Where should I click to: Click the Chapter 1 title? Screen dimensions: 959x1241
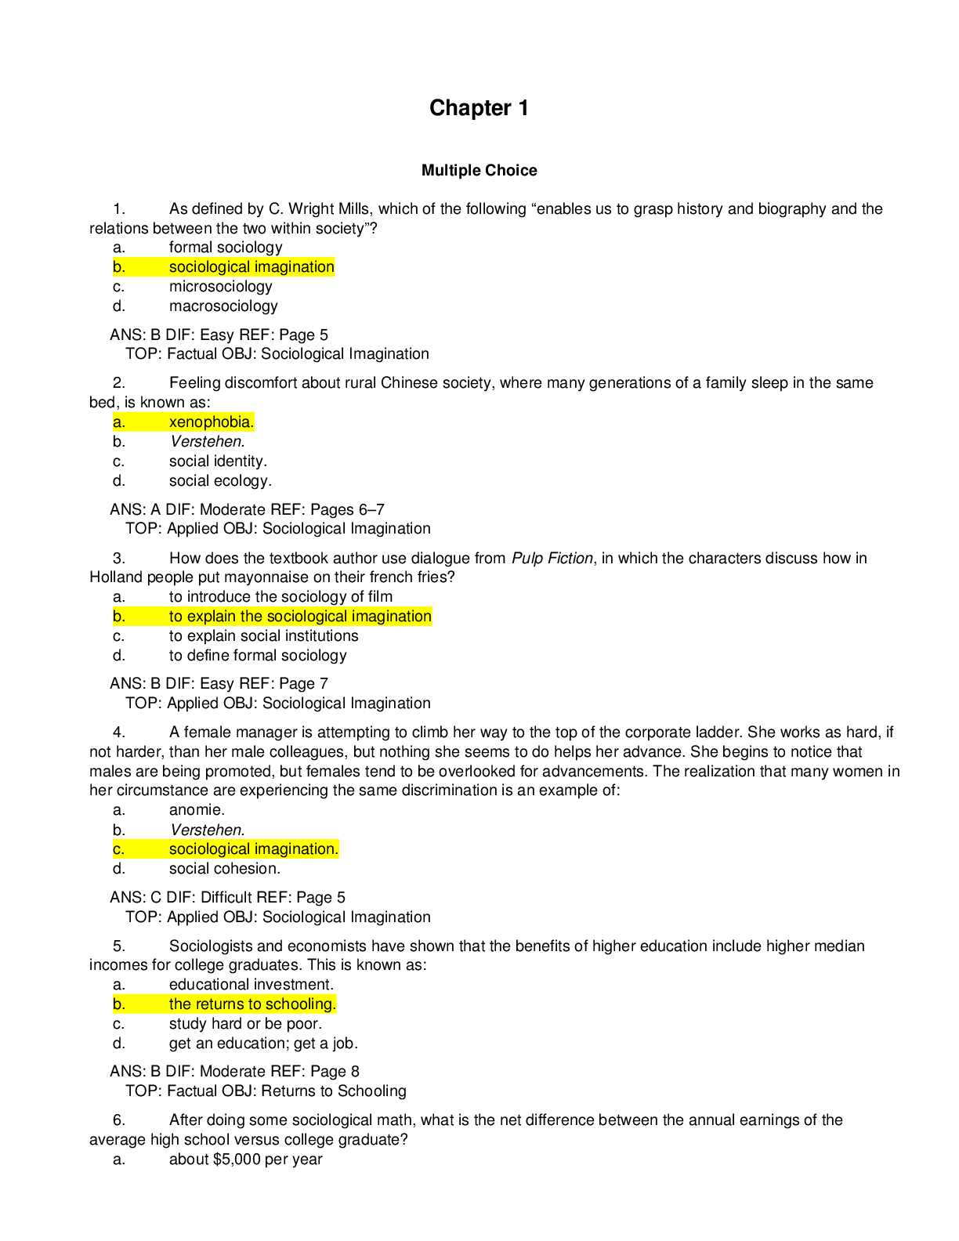point(479,108)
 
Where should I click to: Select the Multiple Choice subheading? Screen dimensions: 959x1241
point(479,170)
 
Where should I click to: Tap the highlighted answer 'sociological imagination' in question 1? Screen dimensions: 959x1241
point(252,266)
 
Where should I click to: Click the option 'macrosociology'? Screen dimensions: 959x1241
point(223,306)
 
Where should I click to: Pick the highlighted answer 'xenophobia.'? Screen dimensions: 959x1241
point(212,422)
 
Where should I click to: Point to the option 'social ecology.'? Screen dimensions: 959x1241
point(220,481)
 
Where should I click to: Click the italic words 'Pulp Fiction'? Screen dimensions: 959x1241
point(552,558)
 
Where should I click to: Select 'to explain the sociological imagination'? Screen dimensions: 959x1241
point(300,617)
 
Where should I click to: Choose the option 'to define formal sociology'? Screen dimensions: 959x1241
point(258,656)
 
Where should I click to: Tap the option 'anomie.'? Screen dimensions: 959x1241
point(197,810)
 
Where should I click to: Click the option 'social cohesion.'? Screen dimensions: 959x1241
point(225,869)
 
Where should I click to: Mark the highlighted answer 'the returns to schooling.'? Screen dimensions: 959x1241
point(252,1004)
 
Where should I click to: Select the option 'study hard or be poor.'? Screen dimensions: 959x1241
point(245,1023)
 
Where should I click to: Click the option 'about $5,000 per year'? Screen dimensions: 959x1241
point(245,1160)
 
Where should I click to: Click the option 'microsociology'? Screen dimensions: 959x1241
point(220,287)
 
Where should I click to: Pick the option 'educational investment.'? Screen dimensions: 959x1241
point(252,985)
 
